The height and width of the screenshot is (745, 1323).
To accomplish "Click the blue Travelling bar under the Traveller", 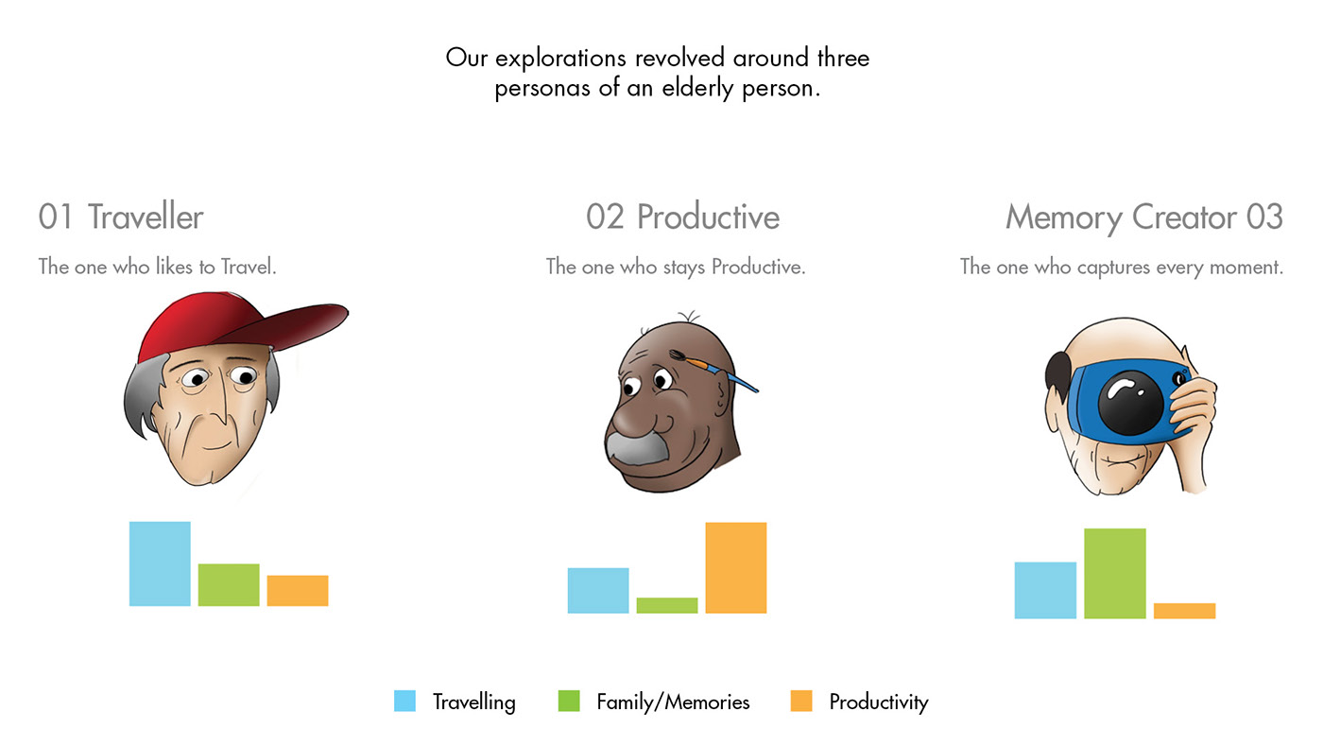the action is [x=160, y=563].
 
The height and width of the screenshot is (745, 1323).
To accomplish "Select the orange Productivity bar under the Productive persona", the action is [x=736, y=568].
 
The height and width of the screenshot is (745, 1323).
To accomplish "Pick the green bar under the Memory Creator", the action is [x=1115, y=574].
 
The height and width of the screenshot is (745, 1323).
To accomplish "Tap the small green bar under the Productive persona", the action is [x=667, y=606].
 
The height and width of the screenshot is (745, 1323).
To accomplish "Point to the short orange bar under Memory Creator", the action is [x=1185, y=611].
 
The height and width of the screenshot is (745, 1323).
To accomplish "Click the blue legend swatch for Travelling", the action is [x=404, y=701].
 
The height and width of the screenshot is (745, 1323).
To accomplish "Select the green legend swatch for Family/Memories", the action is [x=569, y=701].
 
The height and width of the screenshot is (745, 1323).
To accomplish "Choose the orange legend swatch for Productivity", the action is [x=801, y=701].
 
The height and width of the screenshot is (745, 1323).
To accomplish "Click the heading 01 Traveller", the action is [x=121, y=217].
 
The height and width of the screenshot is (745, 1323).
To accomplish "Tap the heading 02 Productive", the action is [x=682, y=217].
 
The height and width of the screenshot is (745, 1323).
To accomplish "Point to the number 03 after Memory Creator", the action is [x=1264, y=217].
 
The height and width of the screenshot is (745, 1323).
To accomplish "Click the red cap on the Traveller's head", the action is [x=236, y=322].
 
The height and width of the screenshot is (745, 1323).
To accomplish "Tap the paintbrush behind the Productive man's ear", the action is [x=713, y=370].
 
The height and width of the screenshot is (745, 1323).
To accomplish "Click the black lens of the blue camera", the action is [x=1130, y=403].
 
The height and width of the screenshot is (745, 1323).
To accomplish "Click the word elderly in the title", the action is [x=697, y=89].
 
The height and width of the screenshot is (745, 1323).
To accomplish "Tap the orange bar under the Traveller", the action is [x=298, y=590].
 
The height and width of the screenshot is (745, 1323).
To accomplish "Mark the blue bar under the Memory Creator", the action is [x=1045, y=590].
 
